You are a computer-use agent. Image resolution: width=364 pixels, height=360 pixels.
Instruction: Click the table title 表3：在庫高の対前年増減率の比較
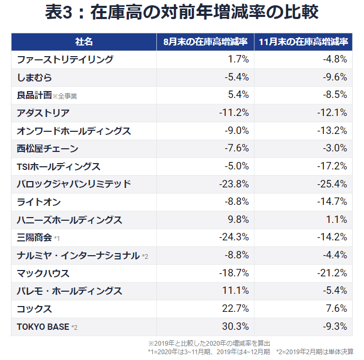pyautogui.click(x=182, y=13)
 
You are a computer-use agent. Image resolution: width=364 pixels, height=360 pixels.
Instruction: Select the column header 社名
pyautogui.click(x=84, y=42)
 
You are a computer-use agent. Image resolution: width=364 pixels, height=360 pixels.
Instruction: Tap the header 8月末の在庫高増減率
pyautogui.click(x=206, y=42)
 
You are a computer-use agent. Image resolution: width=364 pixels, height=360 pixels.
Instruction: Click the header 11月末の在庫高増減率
pyautogui.click(x=304, y=42)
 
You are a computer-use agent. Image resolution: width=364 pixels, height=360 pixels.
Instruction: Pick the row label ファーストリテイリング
pyautogui.click(x=65, y=60)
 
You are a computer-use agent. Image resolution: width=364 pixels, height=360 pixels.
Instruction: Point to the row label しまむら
pyautogui.click(x=34, y=77)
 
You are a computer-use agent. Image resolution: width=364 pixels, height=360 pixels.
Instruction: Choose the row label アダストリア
pyautogui.click(x=43, y=113)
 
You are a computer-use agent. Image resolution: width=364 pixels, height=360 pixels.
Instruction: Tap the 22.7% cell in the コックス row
pyautogui.click(x=236, y=309)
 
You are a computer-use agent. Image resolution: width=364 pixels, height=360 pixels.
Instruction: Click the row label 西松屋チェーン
pyautogui.click(x=48, y=148)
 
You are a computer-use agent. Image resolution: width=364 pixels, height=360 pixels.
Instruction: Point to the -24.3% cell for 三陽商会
pyautogui.click(x=234, y=238)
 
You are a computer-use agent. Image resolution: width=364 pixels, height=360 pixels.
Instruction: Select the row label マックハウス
pyautogui.click(x=43, y=273)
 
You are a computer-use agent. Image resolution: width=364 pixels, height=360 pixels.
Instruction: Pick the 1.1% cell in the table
pyautogui.click(x=338, y=220)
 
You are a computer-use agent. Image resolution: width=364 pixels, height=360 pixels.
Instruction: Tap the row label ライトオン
pyautogui.click(x=39, y=202)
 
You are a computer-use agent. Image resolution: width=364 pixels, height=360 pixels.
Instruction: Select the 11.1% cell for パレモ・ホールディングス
pyautogui.click(x=237, y=291)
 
